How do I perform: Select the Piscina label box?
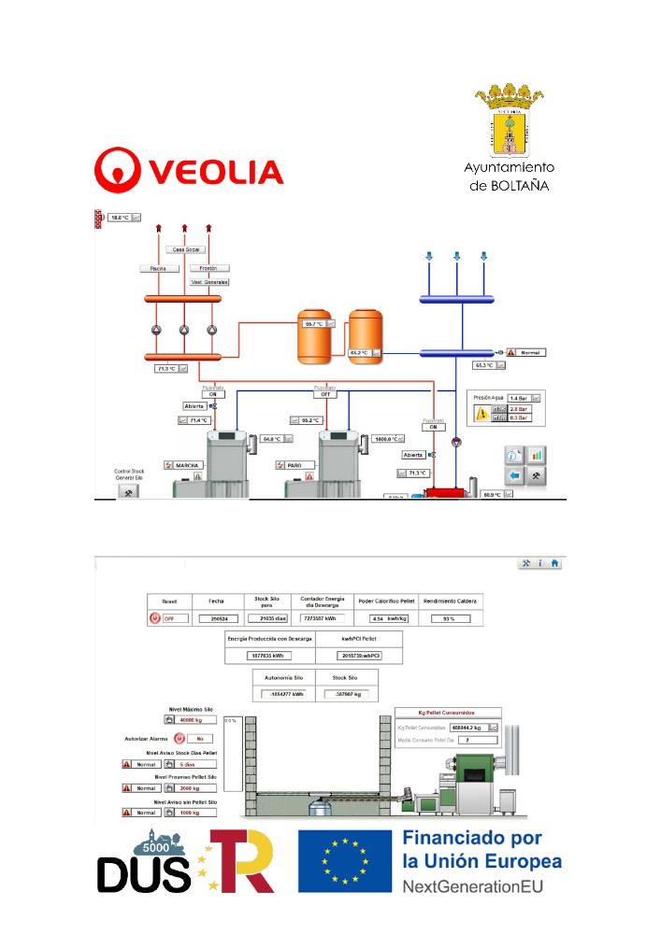158,268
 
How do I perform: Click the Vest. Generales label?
209,281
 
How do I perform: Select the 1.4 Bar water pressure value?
519,398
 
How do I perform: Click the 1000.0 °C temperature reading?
386,438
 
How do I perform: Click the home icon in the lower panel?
554,564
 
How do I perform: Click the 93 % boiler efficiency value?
450,618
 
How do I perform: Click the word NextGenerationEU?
474,884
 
